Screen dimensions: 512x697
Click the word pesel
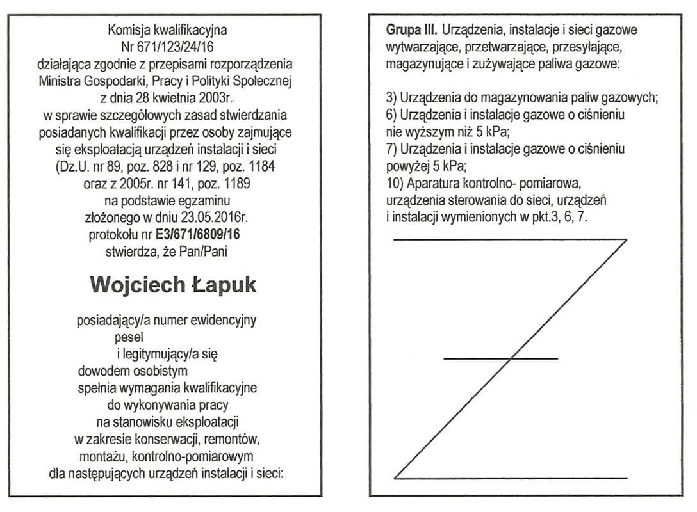pyautogui.click(x=129, y=335)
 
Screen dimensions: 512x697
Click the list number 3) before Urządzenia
pyautogui.click(x=392, y=98)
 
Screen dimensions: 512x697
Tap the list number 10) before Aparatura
pyautogui.click(x=395, y=184)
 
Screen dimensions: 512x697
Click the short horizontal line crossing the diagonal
pyautogui.click(x=500, y=358)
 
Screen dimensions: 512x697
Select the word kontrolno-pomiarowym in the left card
pyautogui.click(x=204, y=456)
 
